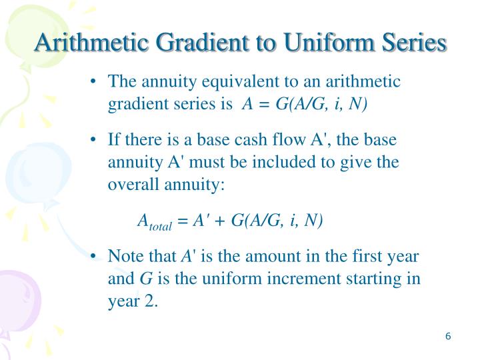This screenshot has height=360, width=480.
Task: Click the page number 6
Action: coord(449,336)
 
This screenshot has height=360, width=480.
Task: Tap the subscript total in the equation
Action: coord(160,226)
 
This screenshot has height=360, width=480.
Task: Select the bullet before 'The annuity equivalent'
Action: coord(96,82)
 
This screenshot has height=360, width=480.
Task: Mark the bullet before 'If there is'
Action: coord(96,141)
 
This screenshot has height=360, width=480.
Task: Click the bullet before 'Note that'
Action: coord(96,257)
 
